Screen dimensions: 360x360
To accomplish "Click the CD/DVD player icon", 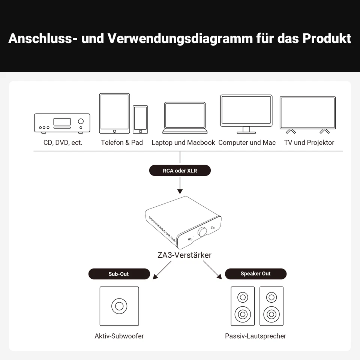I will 62,123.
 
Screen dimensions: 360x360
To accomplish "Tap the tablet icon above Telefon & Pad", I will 114,113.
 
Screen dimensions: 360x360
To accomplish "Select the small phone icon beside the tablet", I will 140,119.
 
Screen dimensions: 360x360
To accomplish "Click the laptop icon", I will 184,118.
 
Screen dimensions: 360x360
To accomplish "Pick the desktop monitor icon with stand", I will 246,114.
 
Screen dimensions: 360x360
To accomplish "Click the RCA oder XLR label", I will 180,171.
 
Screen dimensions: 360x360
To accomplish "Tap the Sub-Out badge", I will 119,274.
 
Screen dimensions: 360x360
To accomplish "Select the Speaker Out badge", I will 255,274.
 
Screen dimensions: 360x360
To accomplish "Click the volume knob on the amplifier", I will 202,232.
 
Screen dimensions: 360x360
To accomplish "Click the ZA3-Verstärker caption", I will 184,255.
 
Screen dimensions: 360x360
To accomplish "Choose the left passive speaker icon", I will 243,306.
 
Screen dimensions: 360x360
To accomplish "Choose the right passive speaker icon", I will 271,306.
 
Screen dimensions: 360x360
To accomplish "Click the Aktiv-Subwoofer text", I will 119,336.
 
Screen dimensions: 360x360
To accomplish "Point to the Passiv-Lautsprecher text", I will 255,336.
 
